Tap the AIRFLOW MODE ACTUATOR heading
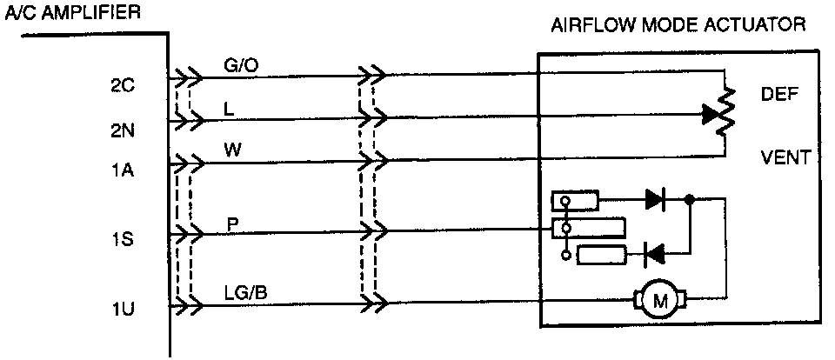tap(678, 25)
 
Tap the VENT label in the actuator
tap(785, 157)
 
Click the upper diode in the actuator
tap(656, 199)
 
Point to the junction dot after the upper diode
tap(689, 199)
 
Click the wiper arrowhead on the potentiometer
tap(710, 113)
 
